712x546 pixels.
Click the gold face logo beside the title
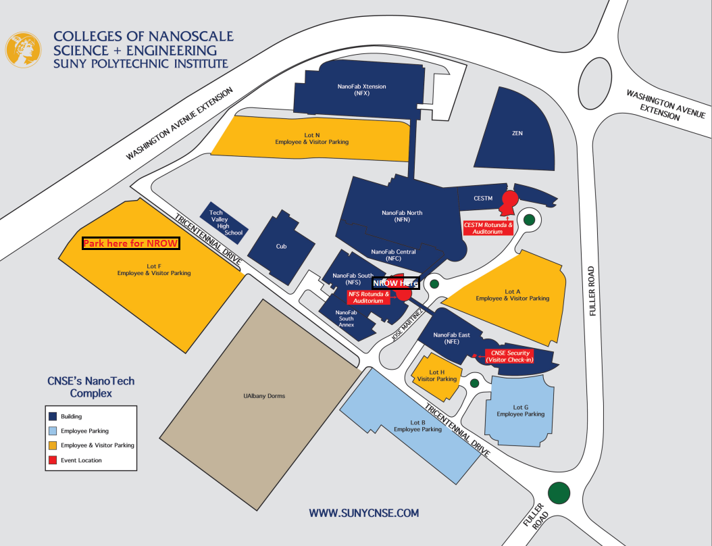tap(23, 49)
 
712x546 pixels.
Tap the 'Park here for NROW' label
tap(131, 243)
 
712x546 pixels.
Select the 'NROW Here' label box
tap(395, 283)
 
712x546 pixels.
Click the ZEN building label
tap(517, 133)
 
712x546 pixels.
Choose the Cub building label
tap(282, 246)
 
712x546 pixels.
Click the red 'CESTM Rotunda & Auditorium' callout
tap(488, 228)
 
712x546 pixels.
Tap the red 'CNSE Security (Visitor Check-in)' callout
tap(510, 356)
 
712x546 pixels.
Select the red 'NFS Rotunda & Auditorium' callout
tap(369, 297)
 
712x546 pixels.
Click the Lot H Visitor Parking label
tap(437, 376)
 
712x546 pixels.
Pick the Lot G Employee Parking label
tap(520, 411)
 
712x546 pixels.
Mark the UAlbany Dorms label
tap(264, 395)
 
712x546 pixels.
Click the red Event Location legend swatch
tap(53, 460)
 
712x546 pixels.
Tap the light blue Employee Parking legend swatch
tap(53, 430)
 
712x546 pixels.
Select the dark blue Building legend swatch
tap(53, 416)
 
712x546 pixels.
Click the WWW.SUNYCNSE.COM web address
tap(363, 514)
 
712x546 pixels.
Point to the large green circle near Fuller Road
tap(559, 493)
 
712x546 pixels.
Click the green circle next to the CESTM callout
tap(529, 220)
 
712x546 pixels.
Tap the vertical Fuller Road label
tap(591, 291)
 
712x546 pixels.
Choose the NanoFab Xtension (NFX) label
tap(362, 89)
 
